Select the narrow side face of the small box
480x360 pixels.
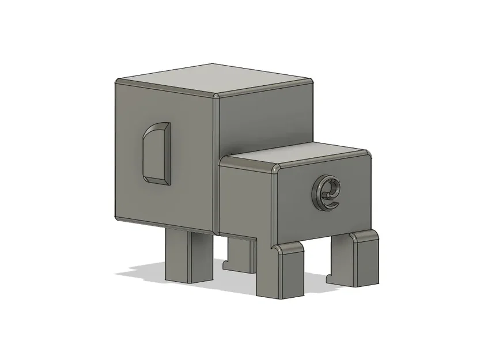245,199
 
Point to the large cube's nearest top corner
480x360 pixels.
217,94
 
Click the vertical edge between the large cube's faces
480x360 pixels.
217,161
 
